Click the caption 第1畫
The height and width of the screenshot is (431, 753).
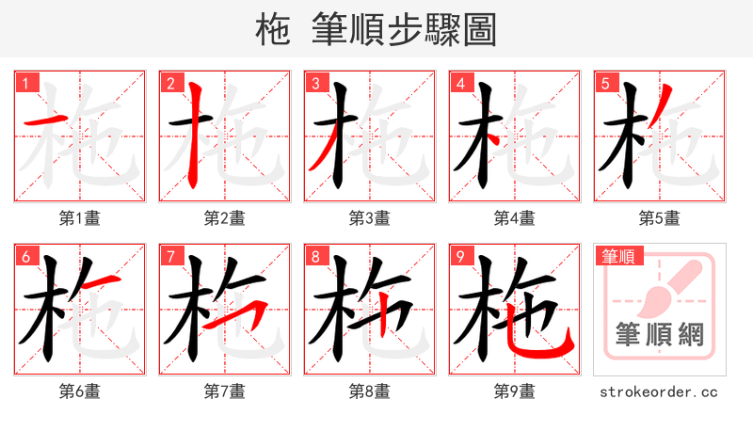[79, 218]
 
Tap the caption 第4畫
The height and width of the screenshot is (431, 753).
[514, 218]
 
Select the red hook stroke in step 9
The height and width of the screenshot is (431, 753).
[546, 346]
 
